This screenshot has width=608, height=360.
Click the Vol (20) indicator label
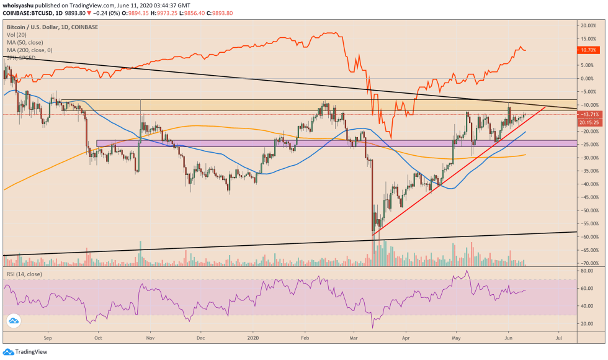tap(17, 35)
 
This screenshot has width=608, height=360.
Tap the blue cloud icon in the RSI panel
tap(13, 321)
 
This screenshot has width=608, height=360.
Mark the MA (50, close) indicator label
tap(25, 43)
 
